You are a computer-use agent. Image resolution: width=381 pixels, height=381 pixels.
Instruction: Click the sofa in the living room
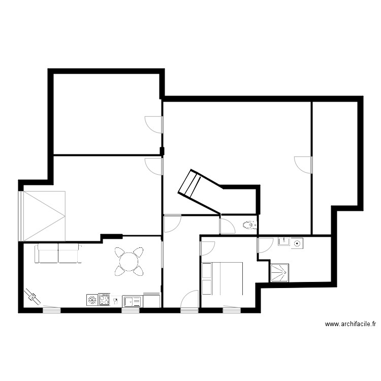click(58, 253)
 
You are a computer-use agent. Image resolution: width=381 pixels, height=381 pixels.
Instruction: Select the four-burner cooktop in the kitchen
click(105, 299)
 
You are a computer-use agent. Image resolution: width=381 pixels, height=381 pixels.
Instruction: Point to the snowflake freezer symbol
click(92, 300)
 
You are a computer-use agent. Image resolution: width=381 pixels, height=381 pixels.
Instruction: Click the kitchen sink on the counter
click(132, 301)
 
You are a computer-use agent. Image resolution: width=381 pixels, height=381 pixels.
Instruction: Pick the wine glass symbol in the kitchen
click(116, 300)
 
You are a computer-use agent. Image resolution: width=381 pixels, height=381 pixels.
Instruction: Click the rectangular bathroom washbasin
click(283, 242)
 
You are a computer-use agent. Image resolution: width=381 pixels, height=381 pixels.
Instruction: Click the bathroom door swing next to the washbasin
click(265, 245)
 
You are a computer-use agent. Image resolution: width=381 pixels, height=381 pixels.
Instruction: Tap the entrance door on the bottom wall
click(190, 299)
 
